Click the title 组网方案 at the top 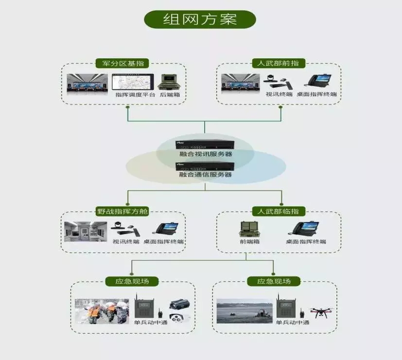(x=200, y=19)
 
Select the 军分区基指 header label (x=122, y=63)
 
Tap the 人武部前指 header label (x=279, y=63)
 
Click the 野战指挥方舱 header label (x=122, y=212)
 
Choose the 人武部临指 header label (x=279, y=212)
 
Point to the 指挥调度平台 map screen (x=133, y=82)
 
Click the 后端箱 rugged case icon (x=169, y=82)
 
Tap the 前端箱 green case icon (x=250, y=229)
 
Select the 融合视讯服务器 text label (x=206, y=154)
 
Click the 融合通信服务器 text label (x=205, y=175)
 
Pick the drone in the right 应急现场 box (x=321, y=312)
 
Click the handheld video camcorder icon (x=180, y=305)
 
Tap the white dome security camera (x=179, y=318)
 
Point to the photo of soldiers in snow (x=102, y=311)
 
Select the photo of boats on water (x=245, y=311)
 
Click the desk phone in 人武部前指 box (x=318, y=81)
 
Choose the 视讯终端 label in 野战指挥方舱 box (x=126, y=242)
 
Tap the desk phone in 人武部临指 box (x=303, y=229)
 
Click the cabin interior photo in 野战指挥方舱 (x=86, y=232)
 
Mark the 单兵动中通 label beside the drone (x=293, y=323)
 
